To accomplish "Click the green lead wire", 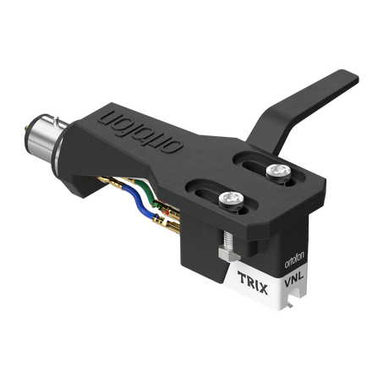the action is click(145, 194).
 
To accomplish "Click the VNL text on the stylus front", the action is click(293, 279).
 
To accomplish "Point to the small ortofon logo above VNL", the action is click(294, 261).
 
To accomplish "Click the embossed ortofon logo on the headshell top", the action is click(140, 132).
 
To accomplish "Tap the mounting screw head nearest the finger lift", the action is click(279, 171).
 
